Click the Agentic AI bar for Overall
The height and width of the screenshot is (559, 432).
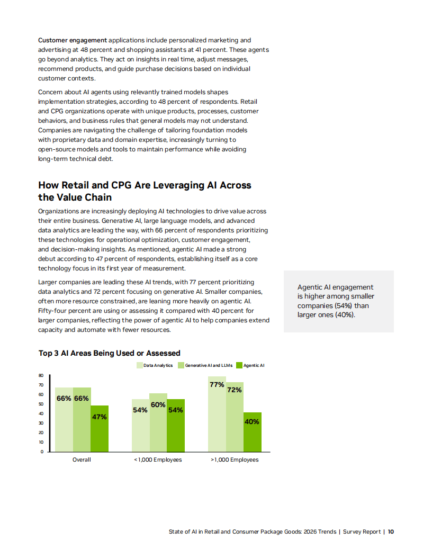[100, 429]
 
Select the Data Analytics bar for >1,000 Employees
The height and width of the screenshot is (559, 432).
[217, 418]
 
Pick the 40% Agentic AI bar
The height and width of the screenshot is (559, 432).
[253, 434]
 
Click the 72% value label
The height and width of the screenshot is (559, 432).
[235, 390]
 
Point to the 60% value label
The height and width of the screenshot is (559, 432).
[158, 405]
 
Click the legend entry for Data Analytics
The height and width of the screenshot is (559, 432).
[155, 365]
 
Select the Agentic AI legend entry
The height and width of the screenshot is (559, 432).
[250, 365]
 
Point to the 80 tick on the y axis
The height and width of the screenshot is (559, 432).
[41, 375]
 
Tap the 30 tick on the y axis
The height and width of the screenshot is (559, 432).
[41, 423]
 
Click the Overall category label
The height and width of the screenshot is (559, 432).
[82, 459]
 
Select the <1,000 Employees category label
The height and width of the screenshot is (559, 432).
[158, 459]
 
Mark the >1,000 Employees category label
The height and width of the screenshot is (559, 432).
[235, 459]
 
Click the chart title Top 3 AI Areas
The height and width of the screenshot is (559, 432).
[110, 353]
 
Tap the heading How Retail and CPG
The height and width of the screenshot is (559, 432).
[145, 191]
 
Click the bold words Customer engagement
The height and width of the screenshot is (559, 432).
[73, 40]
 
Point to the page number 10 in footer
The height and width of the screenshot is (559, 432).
[391, 531]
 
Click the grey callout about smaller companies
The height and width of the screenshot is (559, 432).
[338, 301]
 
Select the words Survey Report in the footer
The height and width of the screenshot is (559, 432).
[362, 531]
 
